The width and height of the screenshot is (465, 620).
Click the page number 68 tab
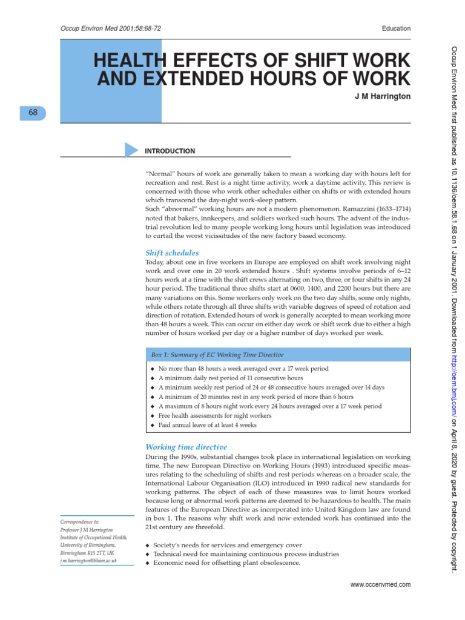33,113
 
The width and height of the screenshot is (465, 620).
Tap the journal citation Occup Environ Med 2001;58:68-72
111,28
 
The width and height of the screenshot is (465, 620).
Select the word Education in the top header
397,28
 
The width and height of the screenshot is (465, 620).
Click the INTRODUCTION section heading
170,151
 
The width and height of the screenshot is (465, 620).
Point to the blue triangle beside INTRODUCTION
131,150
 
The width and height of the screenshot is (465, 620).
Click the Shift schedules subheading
172,252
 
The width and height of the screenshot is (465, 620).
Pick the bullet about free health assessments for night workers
214,415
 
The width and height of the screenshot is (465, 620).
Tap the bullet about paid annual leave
207,425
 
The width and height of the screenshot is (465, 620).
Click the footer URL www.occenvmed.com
381,584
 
